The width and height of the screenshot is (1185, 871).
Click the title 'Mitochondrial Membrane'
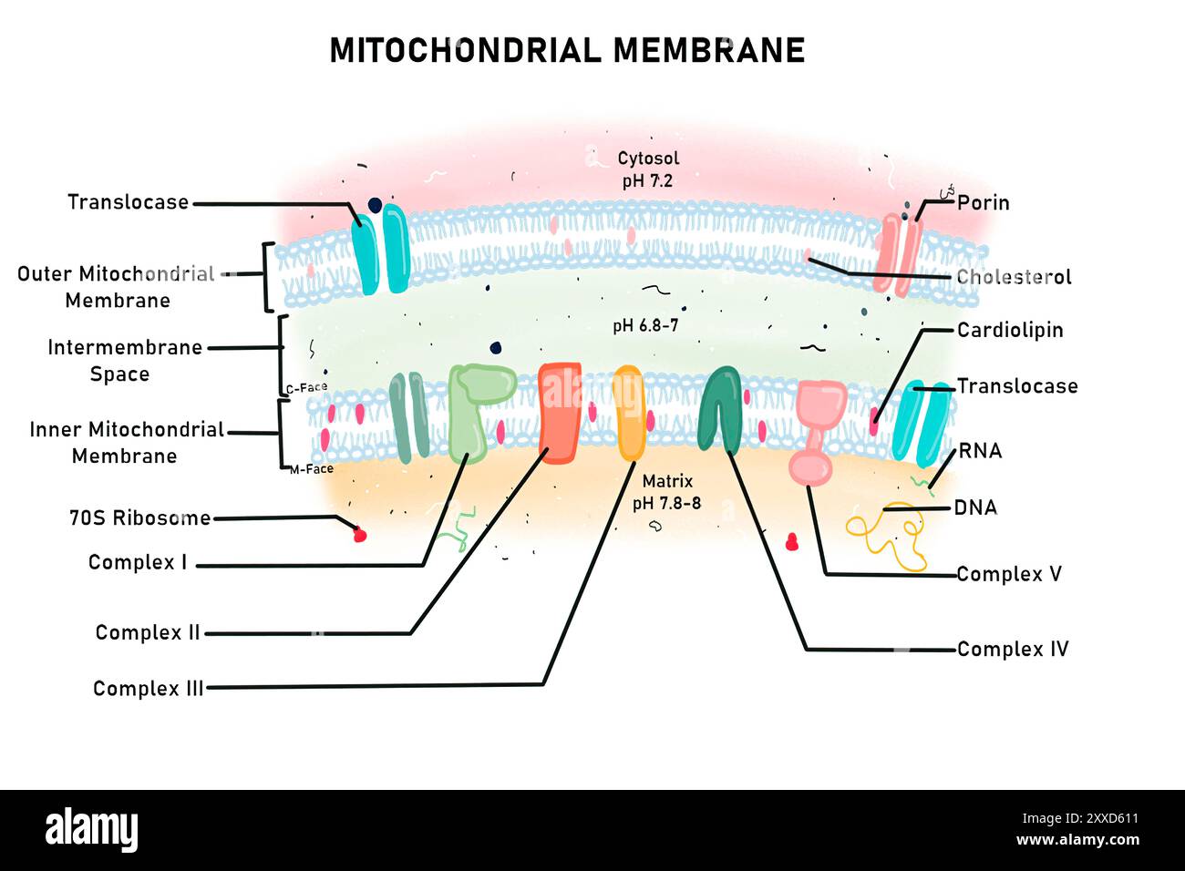click(x=567, y=50)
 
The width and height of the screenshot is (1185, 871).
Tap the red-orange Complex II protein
click(x=560, y=413)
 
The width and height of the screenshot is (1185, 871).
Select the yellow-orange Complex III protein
click(x=629, y=413)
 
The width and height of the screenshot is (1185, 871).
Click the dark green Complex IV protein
click(x=719, y=406)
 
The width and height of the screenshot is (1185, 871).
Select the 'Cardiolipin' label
click(x=1009, y=330)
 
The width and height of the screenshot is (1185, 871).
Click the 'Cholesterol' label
click(x=1014, y=277)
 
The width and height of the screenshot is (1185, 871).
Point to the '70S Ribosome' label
click(x=139, y=518)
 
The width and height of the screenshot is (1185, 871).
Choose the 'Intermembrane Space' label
click(x=124, y=361)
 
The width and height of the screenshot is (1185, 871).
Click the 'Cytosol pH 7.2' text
click(x=647, y=169)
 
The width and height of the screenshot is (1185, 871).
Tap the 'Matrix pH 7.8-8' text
click(x=667, y=492)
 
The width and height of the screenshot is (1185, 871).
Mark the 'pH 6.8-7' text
click(x=645, y=326)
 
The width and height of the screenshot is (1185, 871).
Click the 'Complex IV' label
click(x=1012, y=650)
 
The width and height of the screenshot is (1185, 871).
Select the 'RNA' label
click(x=980, y=451)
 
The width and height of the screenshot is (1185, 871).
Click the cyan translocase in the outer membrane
click(x=381, y=249)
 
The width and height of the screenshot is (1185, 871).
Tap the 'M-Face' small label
click(x=312, y=469)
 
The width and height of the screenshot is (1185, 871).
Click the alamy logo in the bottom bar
click(x=92, y=830)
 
